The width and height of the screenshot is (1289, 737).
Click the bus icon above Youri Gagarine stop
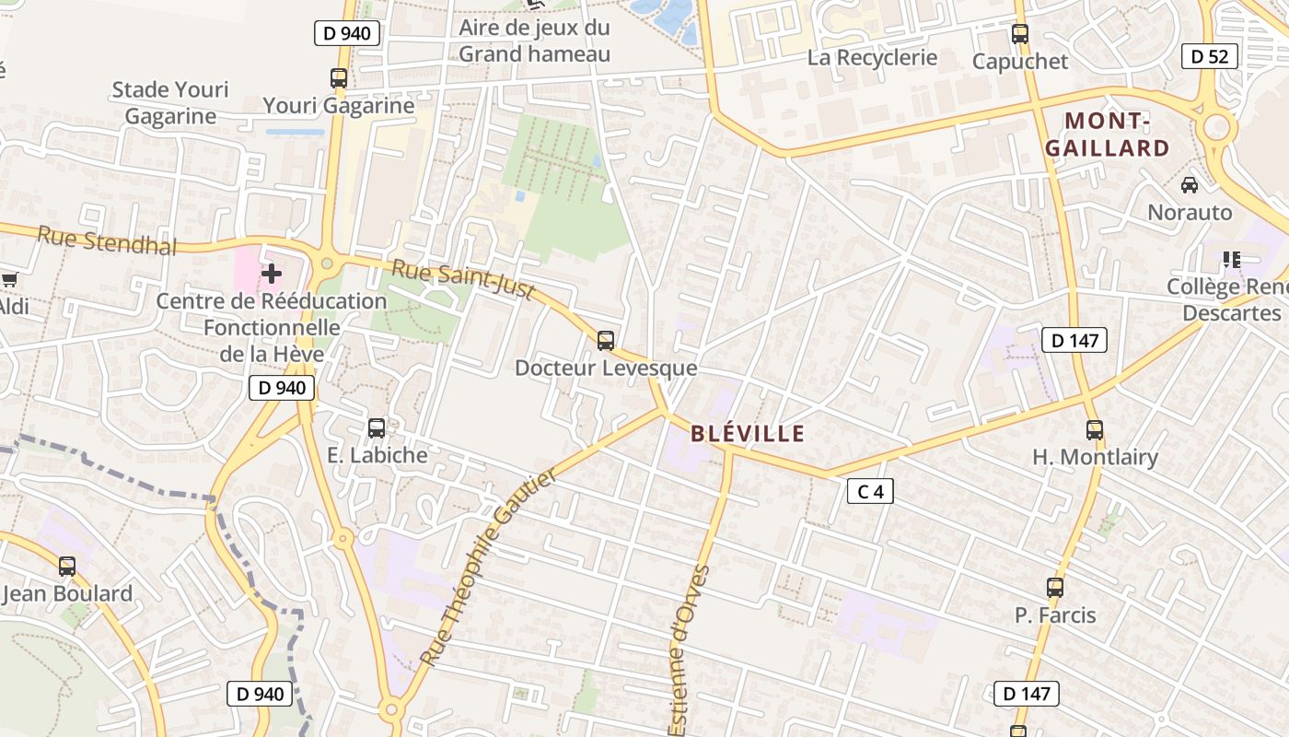(x=339, y=78)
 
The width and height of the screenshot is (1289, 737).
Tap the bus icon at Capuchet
(x=1020, y=34)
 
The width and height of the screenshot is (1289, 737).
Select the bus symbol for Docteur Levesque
(x=605, y=341)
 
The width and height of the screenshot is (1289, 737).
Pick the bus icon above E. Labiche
(x=377, y=427)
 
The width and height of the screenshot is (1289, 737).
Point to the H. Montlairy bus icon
(x=1095, y=429)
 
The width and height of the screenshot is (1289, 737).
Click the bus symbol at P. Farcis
(x=1055, y=587)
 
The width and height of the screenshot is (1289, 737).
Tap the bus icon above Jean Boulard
(x=67, y=566)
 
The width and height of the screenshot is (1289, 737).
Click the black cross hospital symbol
(x=272, y=273)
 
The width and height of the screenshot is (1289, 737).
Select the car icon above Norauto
(x=1190, y=185)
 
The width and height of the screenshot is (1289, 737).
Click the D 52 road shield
(x=1209, y=56)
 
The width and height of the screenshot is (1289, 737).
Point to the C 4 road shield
(x=870, y=491)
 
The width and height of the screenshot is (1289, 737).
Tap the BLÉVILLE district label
(x=748, y=434)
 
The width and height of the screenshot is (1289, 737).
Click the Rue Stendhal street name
(x=107, y=241)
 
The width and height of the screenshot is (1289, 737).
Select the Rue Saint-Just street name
(x=463, y=279)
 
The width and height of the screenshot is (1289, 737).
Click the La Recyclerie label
(x=872, y=57)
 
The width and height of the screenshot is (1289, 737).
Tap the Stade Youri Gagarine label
(x=170, y=103)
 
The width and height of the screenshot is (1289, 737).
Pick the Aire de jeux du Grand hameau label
(x=535, y=41)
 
